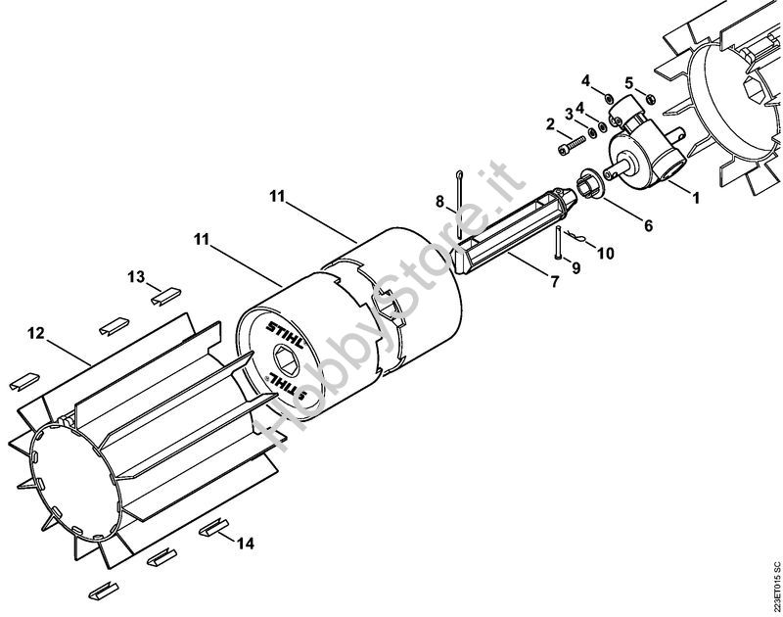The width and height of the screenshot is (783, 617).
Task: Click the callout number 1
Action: pos(695,199)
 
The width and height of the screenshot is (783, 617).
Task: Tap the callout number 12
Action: pos(36,333)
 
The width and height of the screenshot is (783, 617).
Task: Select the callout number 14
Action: pos(246,544)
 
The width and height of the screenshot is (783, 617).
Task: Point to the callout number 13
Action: pos(136,276)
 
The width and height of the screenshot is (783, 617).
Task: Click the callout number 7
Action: pos(554,282)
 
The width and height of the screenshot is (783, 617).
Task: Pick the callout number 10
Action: pos(606,254)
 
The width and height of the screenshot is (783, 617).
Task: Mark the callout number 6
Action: pos(648,226)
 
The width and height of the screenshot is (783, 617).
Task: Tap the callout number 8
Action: pos(439,202)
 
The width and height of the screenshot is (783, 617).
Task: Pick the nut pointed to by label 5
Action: pos(650,98)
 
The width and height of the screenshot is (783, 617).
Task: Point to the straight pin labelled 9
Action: pos(557,242)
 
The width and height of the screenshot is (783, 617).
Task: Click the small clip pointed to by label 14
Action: pos(213,528)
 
